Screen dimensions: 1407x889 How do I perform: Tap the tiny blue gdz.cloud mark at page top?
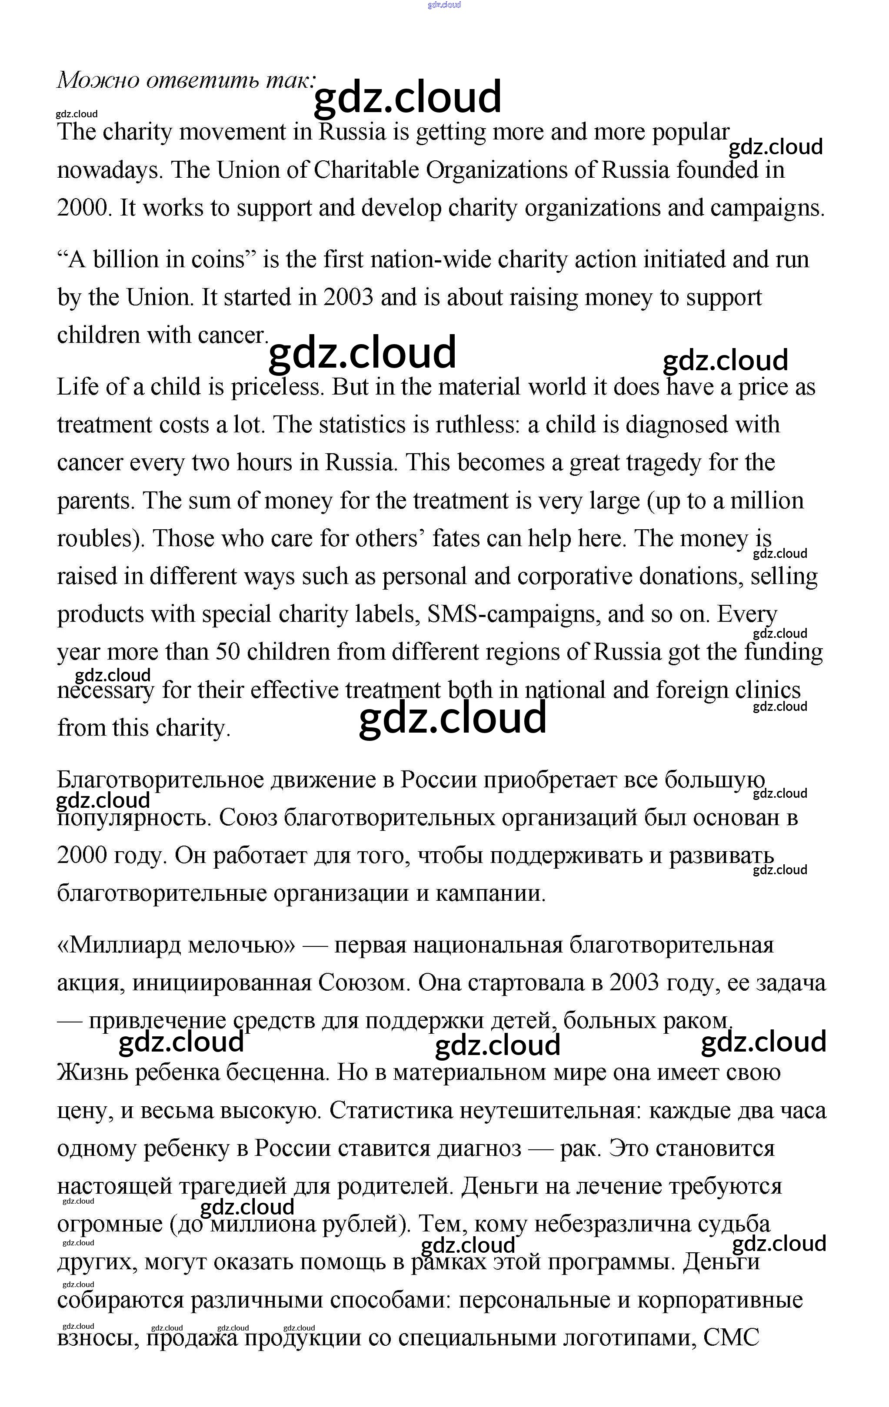444,5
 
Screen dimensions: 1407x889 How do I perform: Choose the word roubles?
100,539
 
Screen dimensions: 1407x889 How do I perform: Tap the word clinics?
767,690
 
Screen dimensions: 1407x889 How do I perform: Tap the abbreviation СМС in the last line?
731,1337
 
